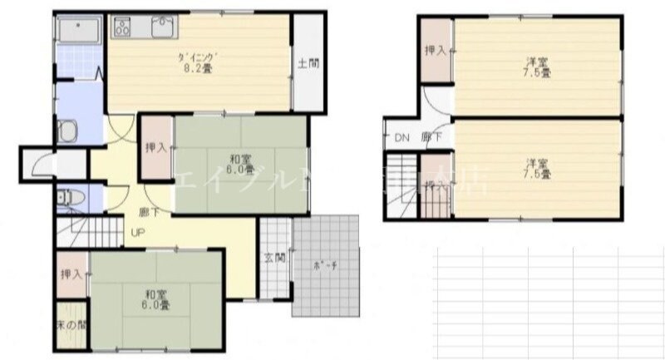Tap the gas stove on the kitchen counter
tap(123, 27)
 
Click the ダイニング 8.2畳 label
tap(196, 62)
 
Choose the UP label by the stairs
tap(135, 234)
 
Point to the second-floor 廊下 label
tap(431, 138)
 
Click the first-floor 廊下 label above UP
tap(149, 212)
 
